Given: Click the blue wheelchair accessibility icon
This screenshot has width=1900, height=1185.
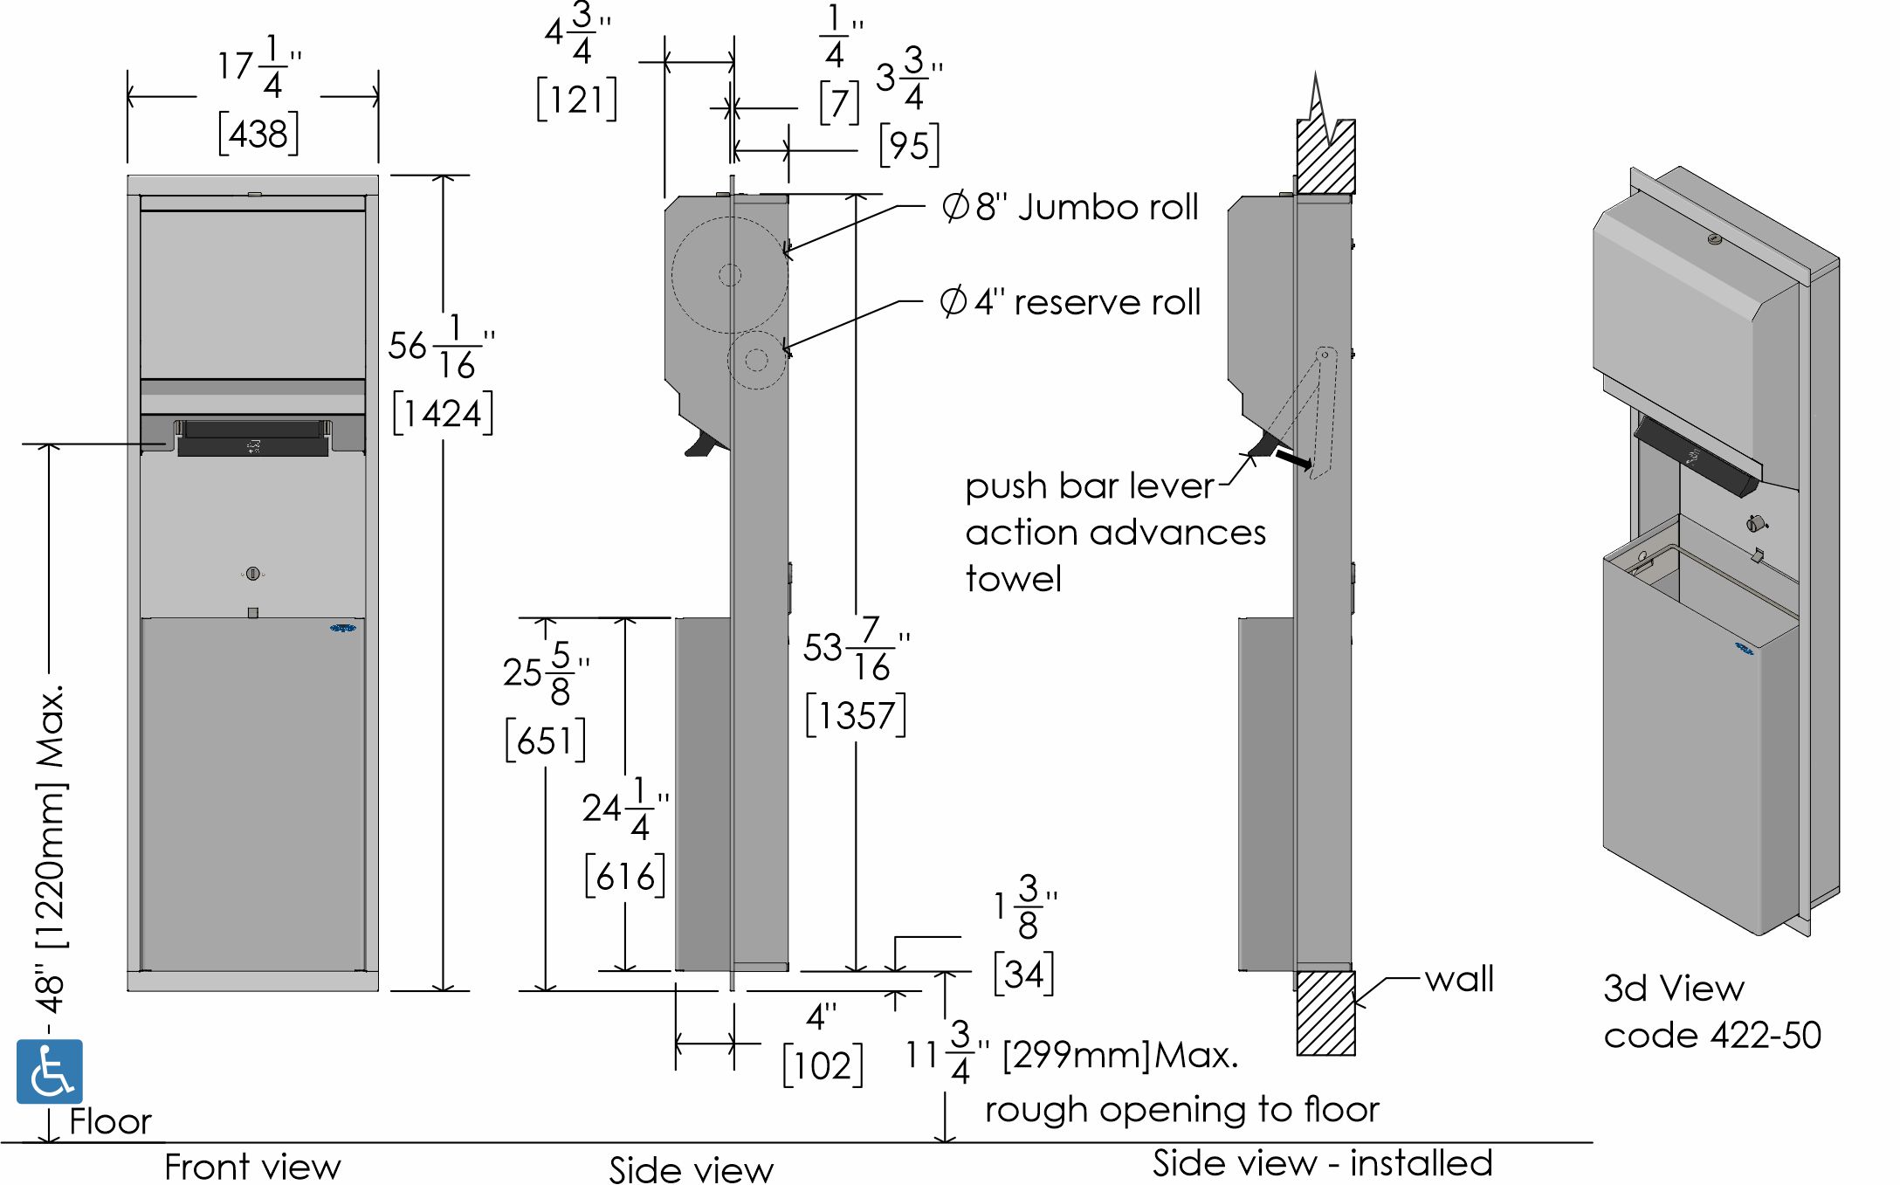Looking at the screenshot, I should click(50, 1071).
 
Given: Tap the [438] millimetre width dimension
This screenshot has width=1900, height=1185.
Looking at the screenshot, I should click(258, 134).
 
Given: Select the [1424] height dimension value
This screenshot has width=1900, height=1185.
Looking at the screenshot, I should click(443, 413).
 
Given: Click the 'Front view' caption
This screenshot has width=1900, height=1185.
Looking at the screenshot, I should click(252, 1167).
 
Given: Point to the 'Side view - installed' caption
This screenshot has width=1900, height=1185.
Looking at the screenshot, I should click(1322, 1163).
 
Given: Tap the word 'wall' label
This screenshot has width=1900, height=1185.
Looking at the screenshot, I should click(1459, 979).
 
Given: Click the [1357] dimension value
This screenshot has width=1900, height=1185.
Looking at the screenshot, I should click(856, 716).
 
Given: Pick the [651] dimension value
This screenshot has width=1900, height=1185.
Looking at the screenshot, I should click(546, 741).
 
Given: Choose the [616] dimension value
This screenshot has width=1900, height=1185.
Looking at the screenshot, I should click(625, 876).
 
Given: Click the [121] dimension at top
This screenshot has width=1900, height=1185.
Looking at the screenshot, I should click(576, 100).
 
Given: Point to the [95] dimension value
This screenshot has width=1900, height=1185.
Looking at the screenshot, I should click(910, 145).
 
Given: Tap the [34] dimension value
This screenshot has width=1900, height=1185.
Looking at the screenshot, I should click(1024, 974).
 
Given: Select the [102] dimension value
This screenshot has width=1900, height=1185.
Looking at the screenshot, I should click(823, 1065).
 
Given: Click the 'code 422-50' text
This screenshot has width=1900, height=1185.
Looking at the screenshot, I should click(1712, 1036).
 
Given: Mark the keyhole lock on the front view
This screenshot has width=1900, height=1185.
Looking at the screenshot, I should click(253, 574).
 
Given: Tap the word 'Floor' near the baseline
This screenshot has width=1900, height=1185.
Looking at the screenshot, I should click(110, 1122).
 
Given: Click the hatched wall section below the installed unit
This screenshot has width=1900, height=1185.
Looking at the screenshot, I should click(1325, 1013).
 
